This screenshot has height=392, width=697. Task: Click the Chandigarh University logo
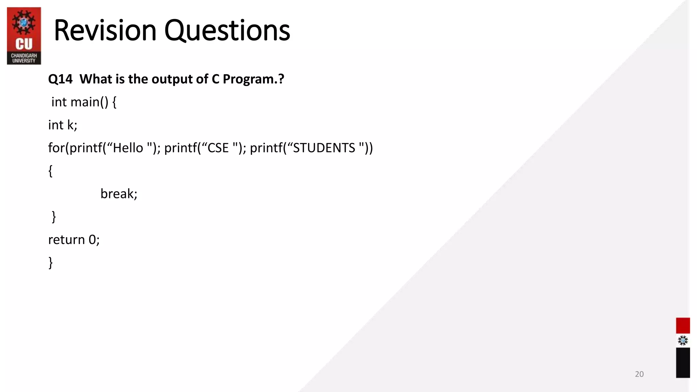tap(24, 36)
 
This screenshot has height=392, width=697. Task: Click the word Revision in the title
tap(105, 31)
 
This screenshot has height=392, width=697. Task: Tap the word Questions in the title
tap(227, 31)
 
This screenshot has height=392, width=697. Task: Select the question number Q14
tap(60, 79)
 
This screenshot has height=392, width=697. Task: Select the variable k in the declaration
tap(70, 125)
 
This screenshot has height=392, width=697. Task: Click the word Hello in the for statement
tap(128, 148)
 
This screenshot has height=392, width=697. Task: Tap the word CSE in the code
tap(218, 148)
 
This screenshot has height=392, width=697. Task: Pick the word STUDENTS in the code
tap(324, 148)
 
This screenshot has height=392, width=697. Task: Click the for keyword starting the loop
tap(56, 148)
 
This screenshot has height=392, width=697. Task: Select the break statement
tap(119, 194)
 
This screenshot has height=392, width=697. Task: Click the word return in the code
tap(66, 240)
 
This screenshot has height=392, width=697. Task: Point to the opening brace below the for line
tap(50, 171)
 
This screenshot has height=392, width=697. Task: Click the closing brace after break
tap(54, 217)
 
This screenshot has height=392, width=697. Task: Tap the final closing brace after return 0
tap(51, 263)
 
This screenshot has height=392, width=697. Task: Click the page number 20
tap(639, 374)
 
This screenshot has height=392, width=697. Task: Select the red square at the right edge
tap(683, 325)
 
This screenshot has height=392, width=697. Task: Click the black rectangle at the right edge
tap(683, 362)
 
